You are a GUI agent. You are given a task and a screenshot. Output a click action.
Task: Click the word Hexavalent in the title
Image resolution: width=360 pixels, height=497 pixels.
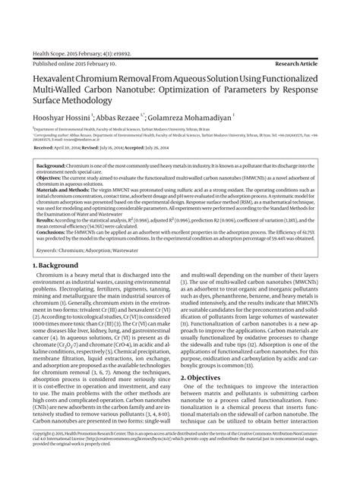click(x=55, y=79)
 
